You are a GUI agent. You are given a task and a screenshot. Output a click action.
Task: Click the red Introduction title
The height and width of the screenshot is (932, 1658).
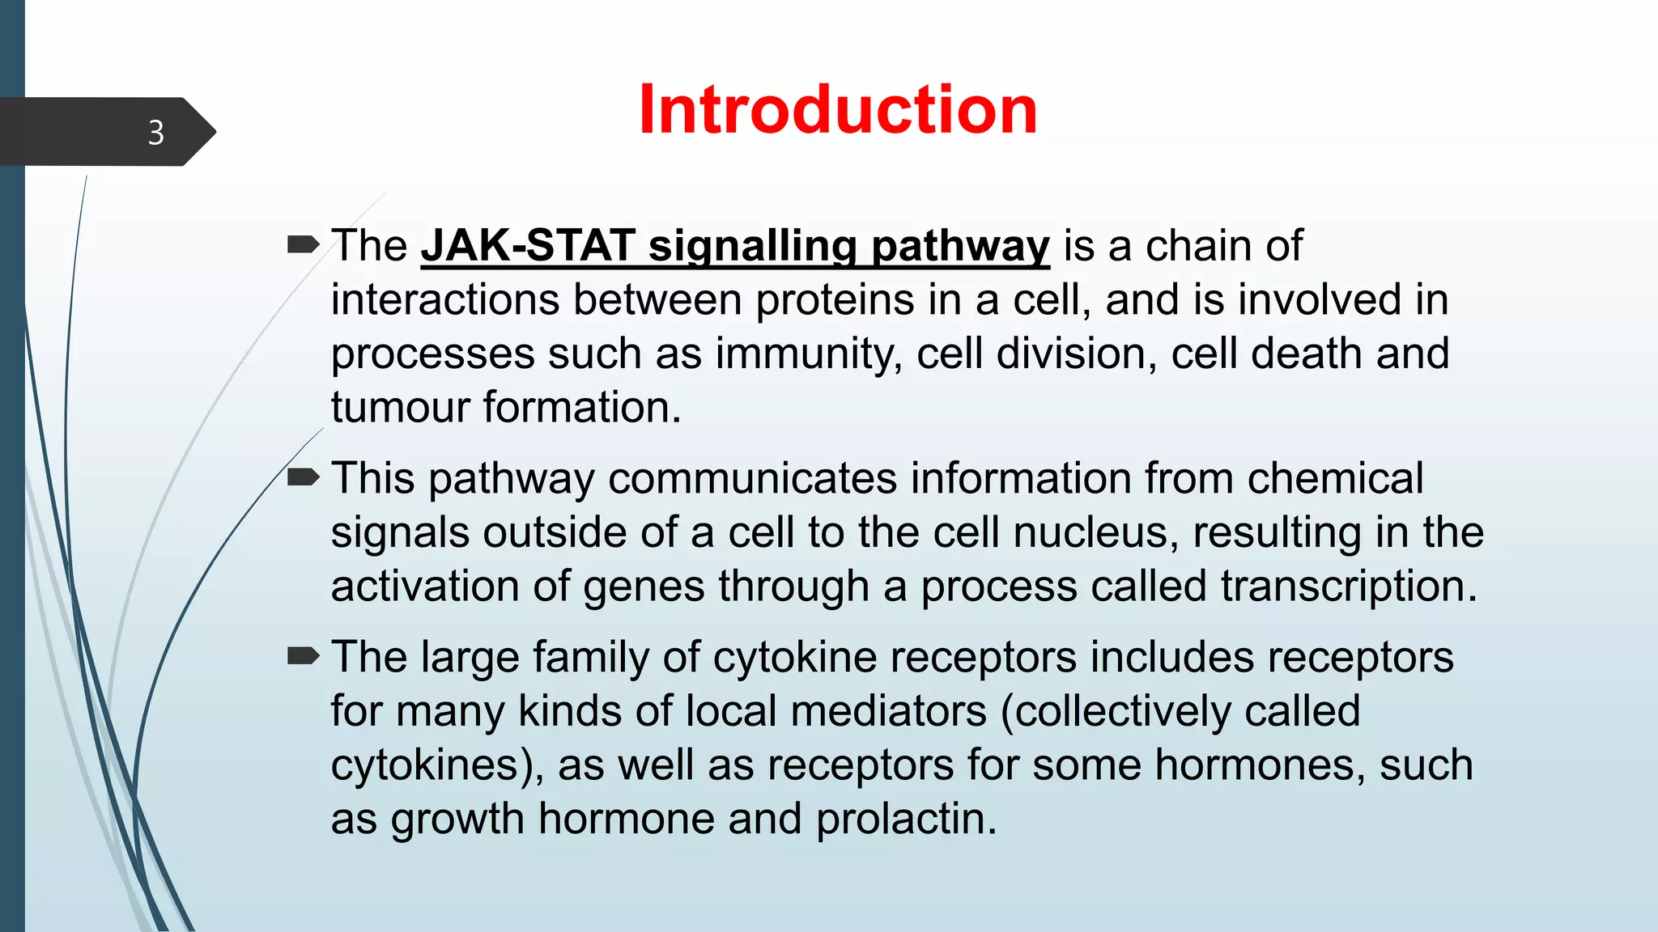tap(838, 110)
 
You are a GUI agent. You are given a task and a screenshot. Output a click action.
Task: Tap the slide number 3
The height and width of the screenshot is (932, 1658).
tap(156, 133)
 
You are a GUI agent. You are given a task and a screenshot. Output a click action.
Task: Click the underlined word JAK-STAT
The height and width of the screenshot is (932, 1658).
tap(528, 245)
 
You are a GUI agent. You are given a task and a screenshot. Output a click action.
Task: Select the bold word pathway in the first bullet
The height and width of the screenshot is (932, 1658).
tap(960, 245)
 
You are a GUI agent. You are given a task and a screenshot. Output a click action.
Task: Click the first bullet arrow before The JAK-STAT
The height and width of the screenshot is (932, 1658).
tap(304, 244)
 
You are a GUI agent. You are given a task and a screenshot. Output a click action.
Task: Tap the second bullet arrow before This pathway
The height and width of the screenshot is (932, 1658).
tap(304, 477)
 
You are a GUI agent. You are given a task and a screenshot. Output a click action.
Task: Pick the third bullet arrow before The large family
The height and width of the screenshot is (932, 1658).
tap(304, 656)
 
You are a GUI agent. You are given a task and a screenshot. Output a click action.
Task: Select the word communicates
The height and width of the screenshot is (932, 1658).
tap(752, 478)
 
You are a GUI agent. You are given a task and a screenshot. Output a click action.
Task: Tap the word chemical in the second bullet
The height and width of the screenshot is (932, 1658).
tap(1335, 478)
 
